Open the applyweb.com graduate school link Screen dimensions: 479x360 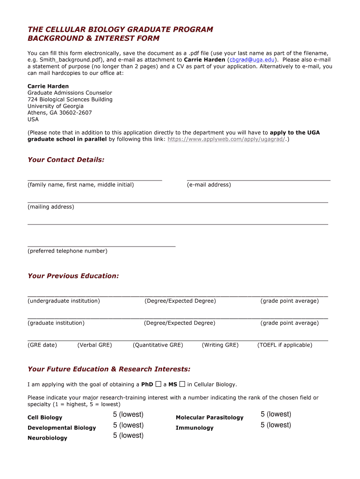click(226, 139)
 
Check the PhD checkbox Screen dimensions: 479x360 click(158, 384)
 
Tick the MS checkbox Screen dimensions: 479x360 click(182, 384)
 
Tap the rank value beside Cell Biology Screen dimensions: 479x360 click(128, 415)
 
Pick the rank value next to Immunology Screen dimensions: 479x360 click(276, 425)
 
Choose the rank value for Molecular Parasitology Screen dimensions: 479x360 click(276, 414)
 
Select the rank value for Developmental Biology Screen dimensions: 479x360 click(128, 425)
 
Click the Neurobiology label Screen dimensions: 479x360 click(47, 438)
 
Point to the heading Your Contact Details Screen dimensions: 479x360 click(66, 160)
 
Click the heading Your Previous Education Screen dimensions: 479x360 click(73, 276)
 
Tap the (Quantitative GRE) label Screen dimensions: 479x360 click(158, 345)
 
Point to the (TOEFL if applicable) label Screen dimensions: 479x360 click(285, 345)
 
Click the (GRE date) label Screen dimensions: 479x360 click(42, 345)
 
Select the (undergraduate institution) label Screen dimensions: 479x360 click(64, 301)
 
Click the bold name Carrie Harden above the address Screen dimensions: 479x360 click(48, 87)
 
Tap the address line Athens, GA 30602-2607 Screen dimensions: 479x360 click(60, 113)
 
